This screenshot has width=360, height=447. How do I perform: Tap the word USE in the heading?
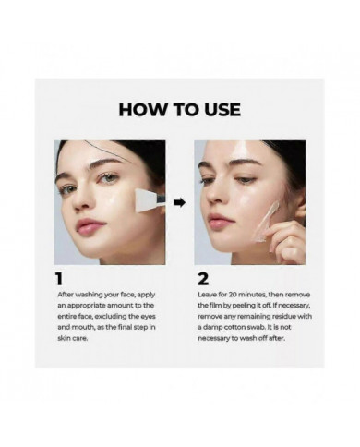(x=218, y=109)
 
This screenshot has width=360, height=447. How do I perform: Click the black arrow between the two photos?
(x=180, y=201)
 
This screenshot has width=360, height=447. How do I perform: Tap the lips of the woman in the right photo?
(x=220, y=222)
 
